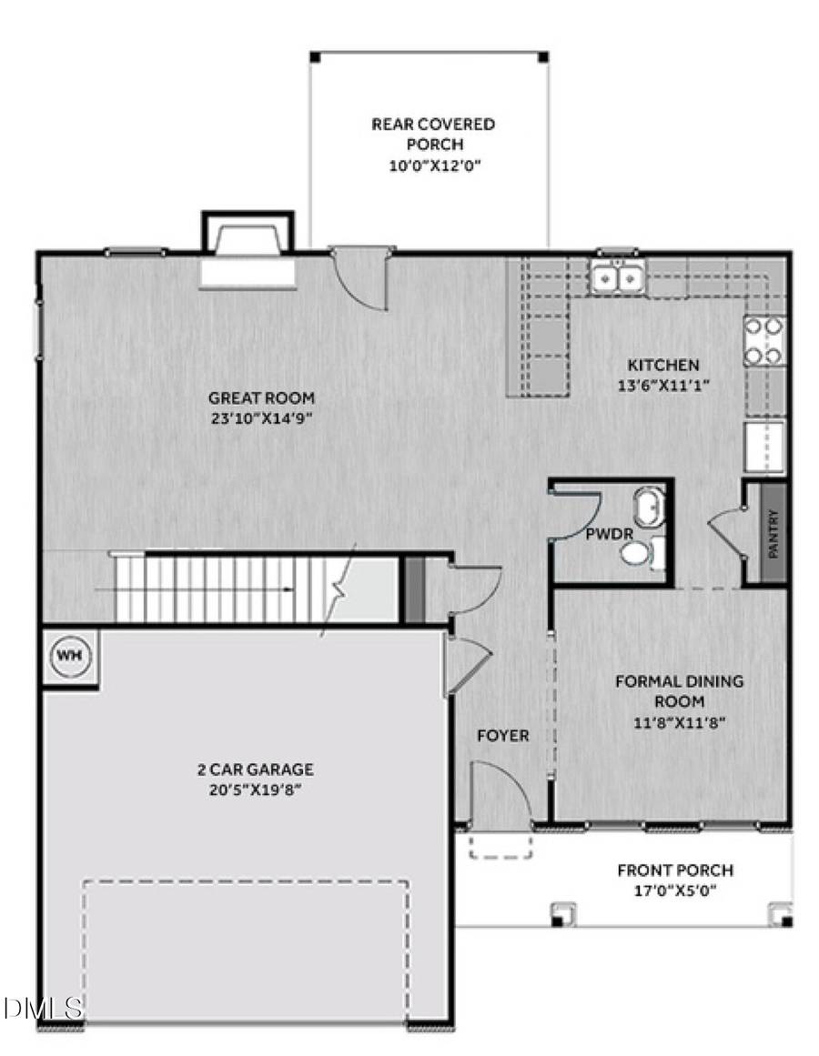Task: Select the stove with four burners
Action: click(764, 340)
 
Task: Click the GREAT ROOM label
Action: click(262, 397)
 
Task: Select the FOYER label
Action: click(502, 735)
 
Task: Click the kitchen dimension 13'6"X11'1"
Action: click(662, 384)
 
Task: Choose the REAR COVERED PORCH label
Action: click(433, 134)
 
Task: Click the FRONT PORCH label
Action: click(675, 870)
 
